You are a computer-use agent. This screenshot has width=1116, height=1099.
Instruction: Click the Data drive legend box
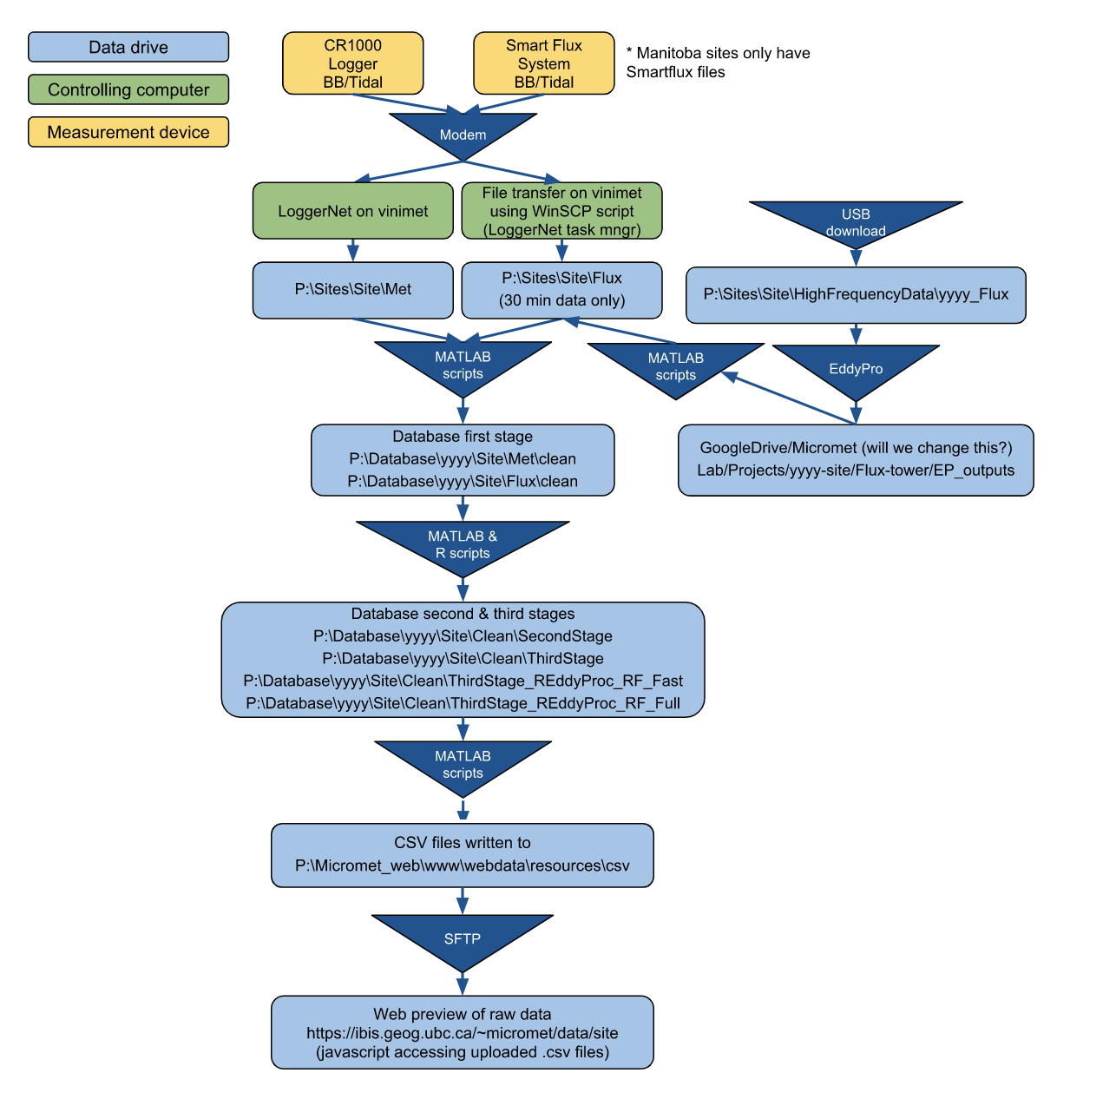128,48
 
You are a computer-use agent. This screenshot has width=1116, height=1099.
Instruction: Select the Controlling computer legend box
128,89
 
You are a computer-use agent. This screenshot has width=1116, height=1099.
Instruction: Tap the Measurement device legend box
128,132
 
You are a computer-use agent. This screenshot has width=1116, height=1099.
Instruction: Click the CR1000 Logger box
352,63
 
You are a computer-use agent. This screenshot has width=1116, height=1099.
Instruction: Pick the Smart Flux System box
543,63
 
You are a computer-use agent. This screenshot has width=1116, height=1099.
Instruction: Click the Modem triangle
463,133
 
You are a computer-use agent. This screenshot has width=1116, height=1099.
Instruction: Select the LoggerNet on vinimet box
352,211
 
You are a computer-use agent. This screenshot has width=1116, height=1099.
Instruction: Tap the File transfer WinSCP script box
561,211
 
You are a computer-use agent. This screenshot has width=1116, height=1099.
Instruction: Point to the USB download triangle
855,220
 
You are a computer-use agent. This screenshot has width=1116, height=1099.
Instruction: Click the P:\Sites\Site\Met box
352,290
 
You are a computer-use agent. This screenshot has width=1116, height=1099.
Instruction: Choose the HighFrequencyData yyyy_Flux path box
855,295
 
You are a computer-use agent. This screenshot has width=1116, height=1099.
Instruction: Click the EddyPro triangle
855,367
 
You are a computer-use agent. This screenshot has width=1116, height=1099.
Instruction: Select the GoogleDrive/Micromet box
855,460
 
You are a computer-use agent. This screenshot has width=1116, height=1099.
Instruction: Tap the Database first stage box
463,460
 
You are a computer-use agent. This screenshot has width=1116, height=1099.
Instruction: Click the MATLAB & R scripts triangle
463,543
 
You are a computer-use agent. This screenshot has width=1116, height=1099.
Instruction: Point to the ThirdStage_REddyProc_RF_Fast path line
463,681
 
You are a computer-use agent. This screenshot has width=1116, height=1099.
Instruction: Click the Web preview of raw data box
463,1033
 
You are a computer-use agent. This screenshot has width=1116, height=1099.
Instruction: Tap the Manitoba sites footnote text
718,63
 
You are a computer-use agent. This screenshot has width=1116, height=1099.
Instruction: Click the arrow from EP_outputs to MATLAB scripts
790,399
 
